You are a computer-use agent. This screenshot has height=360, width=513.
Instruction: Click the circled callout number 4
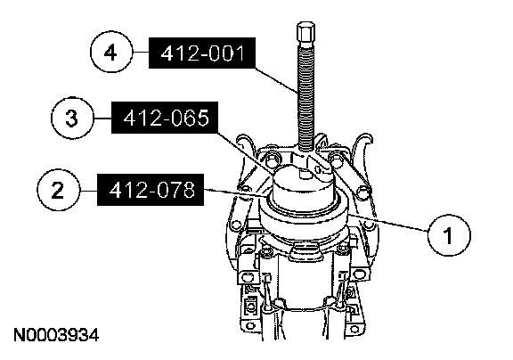coord(111,53)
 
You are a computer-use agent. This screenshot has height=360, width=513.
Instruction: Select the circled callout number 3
coord(72,118)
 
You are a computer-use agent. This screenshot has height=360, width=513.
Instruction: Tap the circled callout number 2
coord(58,190)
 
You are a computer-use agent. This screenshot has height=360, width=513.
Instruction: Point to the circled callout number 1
coord(449,235)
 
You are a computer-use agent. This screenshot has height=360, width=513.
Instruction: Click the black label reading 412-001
coord(202,53)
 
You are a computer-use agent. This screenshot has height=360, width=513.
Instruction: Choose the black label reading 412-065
coord(165,118)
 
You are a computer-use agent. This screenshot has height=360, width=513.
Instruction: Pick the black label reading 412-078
coord(151,190)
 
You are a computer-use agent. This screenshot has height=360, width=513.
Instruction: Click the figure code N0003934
coord(56,335)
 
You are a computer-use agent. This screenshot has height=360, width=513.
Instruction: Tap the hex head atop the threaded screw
coord(306,34)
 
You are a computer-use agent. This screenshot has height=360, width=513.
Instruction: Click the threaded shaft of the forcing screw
coord(306,98)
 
